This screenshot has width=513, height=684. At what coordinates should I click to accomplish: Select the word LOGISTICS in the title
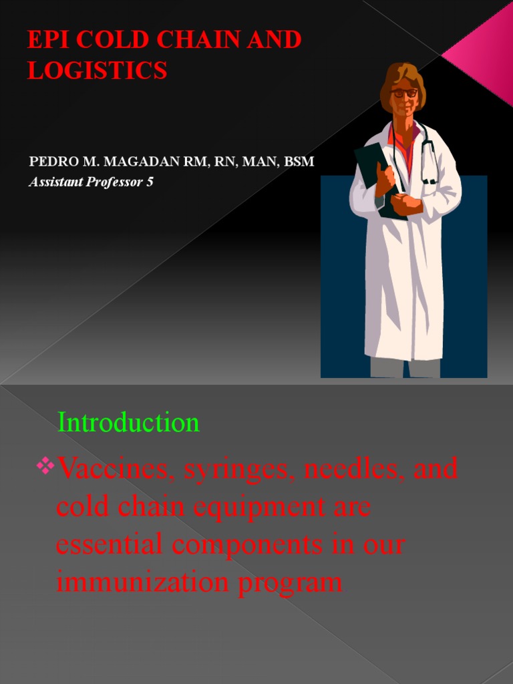coord(97,70)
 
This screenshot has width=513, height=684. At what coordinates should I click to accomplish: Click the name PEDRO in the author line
coord(50,162)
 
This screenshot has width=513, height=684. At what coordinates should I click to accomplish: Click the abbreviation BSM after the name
coord(298,162)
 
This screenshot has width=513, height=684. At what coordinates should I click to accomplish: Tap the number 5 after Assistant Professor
coord(150,182)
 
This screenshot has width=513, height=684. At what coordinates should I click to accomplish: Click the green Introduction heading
coord(128,423)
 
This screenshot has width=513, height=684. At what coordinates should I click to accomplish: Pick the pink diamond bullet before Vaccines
coord(46,465)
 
